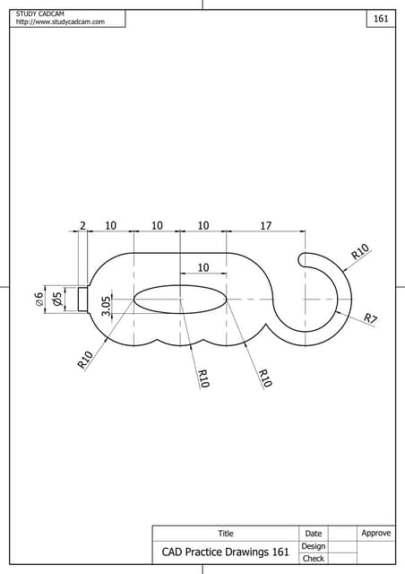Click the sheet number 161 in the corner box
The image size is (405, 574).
point(381,18)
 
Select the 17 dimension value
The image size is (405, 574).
point(266,226)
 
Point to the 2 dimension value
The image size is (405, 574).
point(82,226)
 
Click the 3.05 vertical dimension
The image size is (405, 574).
point(107,307)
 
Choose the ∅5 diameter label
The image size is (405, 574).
point(57,299)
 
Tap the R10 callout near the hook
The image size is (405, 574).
point(360,252)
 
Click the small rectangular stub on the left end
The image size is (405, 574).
point(82,298)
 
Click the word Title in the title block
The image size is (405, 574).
point(226,534)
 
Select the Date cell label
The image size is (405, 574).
point(314,534)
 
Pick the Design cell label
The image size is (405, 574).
point(314,546)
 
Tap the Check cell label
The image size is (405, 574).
point(314,559)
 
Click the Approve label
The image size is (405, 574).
point(376,533)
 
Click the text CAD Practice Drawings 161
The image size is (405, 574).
point(226,552)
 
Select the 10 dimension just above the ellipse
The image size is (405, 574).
point(203,267)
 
